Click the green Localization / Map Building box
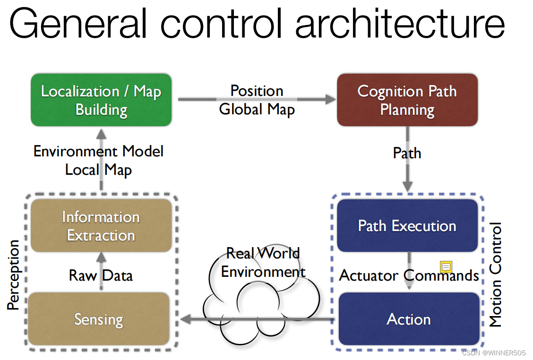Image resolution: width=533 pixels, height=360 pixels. [x=101, y=100]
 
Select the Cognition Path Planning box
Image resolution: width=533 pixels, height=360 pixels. [x=407, y=100]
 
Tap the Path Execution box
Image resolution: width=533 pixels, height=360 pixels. [x=407, y=225]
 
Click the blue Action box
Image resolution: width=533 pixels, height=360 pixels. [x=409, y=319]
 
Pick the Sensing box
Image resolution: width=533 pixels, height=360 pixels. [x=99, y=319]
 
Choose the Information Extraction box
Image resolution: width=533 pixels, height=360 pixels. [x=101, y=225]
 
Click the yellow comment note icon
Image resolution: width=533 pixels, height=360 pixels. [x=446, y=267]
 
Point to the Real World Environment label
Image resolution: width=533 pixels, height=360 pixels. [x=263, y=263]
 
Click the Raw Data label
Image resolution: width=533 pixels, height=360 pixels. [x=101, y=275]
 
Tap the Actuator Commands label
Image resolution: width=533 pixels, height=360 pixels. [x=409, y=275]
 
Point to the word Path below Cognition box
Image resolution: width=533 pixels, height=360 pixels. [x=407, y=153]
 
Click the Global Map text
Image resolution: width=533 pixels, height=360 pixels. [x=257, y=109]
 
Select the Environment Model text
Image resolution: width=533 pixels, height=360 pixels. [x=98, y=151]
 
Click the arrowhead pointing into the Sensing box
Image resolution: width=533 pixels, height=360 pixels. [x=185, y=319]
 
